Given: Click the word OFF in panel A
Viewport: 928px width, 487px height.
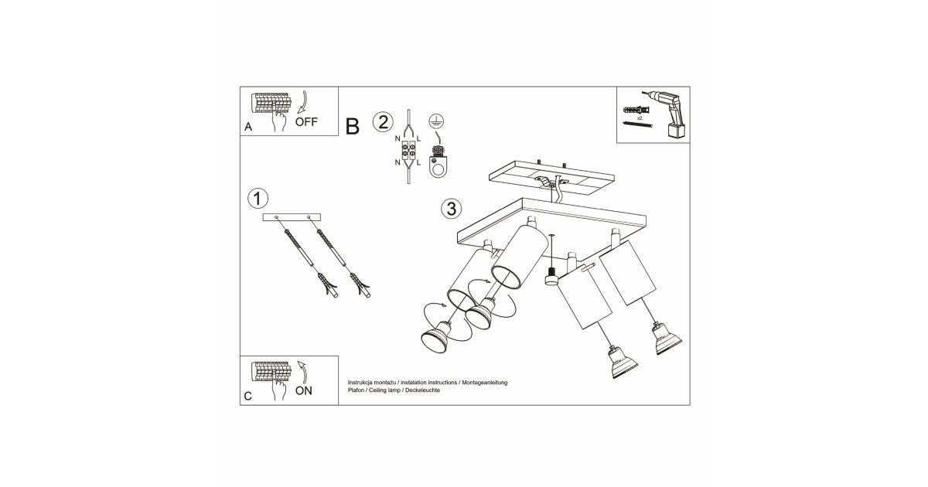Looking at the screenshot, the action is (x=306, y=122).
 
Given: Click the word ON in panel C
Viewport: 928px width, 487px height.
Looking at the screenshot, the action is (x=304, y=390).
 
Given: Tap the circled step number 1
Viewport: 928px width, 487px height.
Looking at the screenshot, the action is (x=258, y=199).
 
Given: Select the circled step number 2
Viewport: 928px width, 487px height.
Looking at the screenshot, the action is (x=383, y=122).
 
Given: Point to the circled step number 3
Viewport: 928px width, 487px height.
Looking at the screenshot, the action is (x=452, y=208).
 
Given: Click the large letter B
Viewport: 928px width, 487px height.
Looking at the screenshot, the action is (x=352, y=126).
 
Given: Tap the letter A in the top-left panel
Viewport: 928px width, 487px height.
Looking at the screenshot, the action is (x=248, y=127).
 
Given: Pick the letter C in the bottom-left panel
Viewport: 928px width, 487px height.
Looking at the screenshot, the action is (x=247, y=397).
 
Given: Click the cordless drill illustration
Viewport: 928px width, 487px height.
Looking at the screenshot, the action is (x=667, y=114).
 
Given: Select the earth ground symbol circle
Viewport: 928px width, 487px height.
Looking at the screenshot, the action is (x=436, y=121).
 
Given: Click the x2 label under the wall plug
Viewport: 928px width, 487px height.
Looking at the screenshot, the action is (x=640, y=118).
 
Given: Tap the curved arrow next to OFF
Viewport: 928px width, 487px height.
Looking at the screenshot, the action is (x=303, y=102).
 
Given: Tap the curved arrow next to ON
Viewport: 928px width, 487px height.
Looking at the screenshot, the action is (x=303, y=373).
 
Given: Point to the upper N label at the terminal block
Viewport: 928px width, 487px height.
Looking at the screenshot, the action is (x=397, y=138).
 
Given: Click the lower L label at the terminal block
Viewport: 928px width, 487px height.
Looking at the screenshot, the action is (x=418, y=162).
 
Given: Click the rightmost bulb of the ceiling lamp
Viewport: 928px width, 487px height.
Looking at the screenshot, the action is (x=667, y=339).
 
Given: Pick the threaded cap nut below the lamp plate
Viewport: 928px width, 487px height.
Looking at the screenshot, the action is (x=551, y=276).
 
